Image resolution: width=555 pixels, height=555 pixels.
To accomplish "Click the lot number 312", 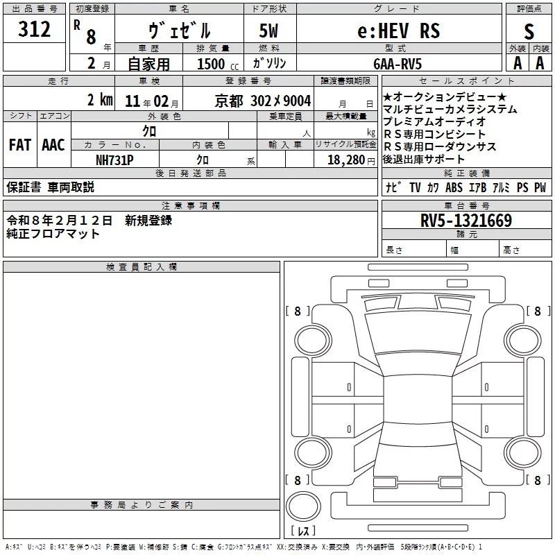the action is (35, 30).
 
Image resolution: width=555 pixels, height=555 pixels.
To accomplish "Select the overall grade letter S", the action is (529, 31).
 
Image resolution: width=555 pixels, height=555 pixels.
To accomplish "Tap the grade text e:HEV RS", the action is (398, 31).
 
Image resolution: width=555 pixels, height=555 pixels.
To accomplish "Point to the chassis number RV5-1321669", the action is (466, 221).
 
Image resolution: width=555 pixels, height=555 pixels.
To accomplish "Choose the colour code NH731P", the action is (114, 160).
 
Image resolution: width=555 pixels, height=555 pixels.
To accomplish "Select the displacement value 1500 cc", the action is (217, 64).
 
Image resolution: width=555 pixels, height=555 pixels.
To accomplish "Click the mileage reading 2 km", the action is (100, 99).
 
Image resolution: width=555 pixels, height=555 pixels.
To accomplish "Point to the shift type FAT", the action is (19, 145).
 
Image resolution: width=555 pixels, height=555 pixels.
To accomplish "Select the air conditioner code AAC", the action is (53, 145).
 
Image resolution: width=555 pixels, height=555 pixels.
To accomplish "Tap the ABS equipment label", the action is (454, 188).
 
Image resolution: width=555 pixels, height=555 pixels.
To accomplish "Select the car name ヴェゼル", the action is (180, 31).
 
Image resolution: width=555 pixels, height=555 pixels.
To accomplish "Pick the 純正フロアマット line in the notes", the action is (53, 234).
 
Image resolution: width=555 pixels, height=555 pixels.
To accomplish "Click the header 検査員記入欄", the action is (142, 267).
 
